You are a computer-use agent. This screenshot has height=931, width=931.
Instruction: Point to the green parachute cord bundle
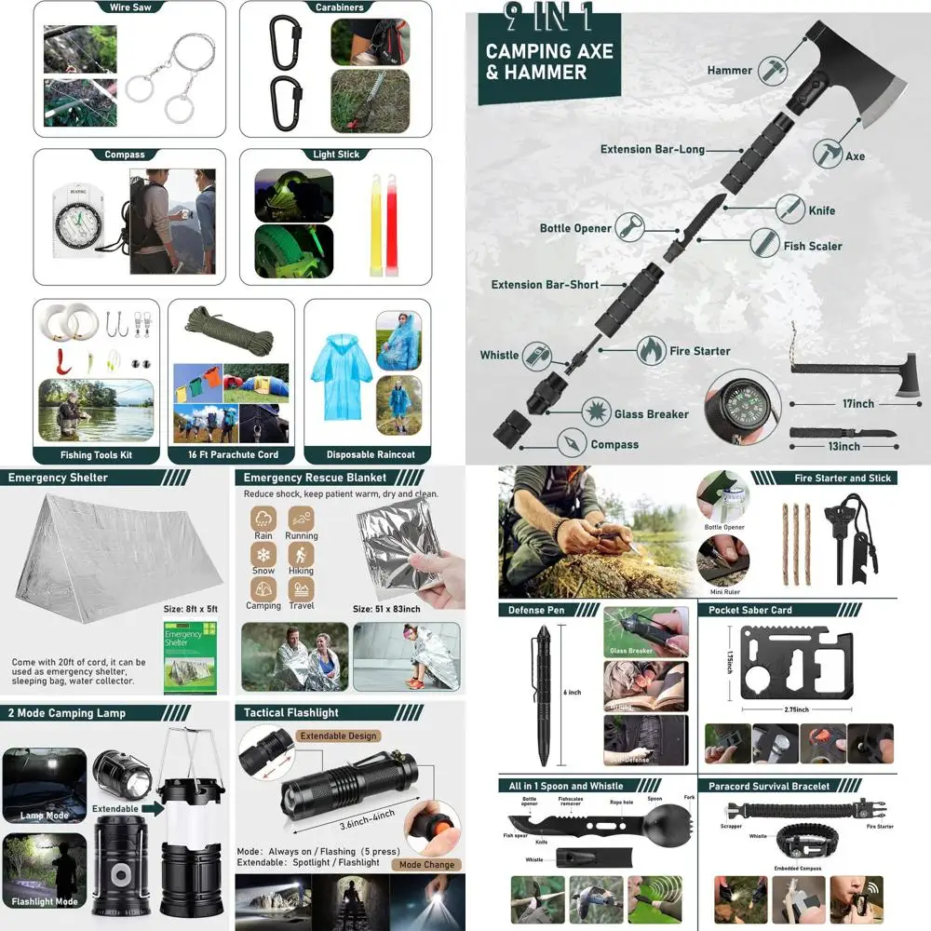[230, 331]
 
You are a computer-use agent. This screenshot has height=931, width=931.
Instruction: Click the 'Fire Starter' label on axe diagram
[699, 351]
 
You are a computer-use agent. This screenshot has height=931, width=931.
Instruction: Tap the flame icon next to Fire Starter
[652, 351]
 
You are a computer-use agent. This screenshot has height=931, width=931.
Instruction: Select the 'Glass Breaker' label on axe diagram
[651, 413]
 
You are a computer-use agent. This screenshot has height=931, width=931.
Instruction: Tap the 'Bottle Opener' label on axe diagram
[575, 228]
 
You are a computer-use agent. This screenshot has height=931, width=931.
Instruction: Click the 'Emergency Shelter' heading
[58, 478]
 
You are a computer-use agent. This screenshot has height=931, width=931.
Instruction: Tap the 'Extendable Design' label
[338, 735]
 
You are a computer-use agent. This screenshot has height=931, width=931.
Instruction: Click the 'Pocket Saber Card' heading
[750, 610]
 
